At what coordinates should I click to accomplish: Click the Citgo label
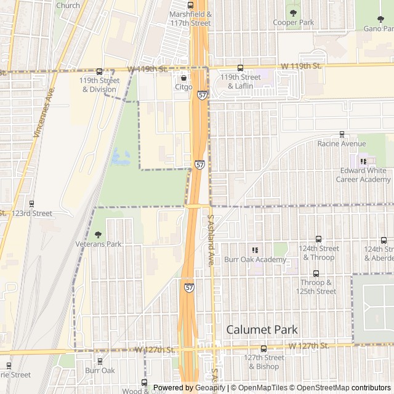point(183,87)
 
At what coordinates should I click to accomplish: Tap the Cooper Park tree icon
point(293,12)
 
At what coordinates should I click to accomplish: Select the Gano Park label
point(379,28)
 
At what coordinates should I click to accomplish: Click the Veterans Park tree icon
point(98,234)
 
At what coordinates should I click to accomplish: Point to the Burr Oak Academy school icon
point(255,249)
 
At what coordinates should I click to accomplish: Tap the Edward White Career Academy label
point(363,175)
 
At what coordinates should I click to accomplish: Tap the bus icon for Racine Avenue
point(342,134)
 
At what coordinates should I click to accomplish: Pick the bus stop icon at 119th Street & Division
point(99,71)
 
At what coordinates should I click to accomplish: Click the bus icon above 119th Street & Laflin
point(240,68)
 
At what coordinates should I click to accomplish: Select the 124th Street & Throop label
point(318,252)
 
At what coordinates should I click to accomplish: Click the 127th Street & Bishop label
point(263,362)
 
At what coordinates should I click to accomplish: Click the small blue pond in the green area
point(121,157)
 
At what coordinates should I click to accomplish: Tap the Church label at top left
point(68,6)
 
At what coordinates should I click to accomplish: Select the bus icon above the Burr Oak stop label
point(100,360)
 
